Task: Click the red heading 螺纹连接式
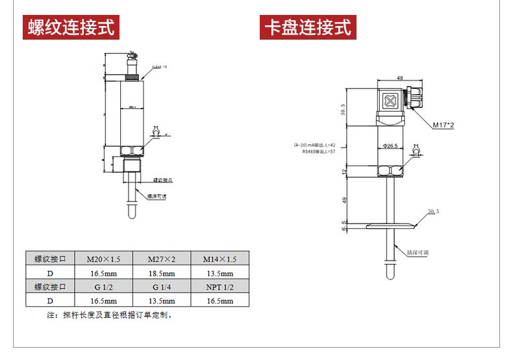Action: pos(71,28)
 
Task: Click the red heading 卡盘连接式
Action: pos(307,28)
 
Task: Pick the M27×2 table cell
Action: pos(162,259)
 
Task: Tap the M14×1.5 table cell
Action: pos(219,259)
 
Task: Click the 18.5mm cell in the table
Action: pos(162,273)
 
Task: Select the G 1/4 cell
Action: pos(162,287)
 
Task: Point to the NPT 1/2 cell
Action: pos(219,287)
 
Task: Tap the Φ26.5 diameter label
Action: pos(390,146)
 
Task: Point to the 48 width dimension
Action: pos(390,77)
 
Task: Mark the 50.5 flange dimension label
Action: pos(434,212)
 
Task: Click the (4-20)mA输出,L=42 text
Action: pos(314,144)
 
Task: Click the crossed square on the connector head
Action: pos(390,102)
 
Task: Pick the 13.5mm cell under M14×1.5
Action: pos(219,273)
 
